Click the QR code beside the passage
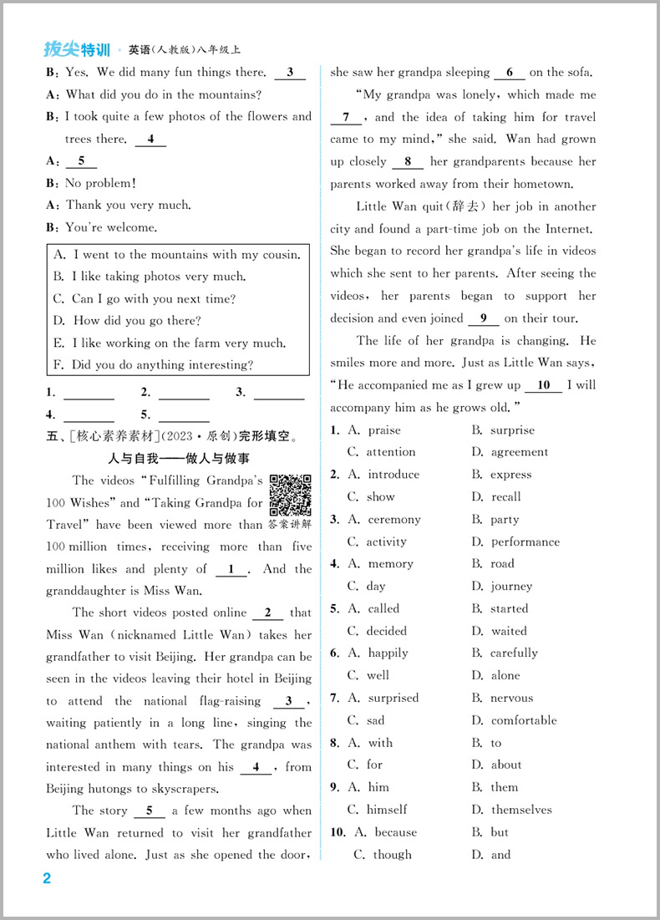(290, 495)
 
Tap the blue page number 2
(47, 878)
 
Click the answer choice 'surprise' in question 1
(512, 430)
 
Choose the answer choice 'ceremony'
(394, 520)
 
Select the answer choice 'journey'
(511, 587)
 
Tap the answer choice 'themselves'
(521, 810)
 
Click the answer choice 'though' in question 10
(393, 855)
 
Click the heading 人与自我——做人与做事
(179, 459)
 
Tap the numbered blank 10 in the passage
(544, 385)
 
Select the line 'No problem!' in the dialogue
(100, 183)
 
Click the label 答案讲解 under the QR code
(290, 525)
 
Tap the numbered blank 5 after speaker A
(81, 160)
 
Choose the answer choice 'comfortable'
(524, 720)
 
